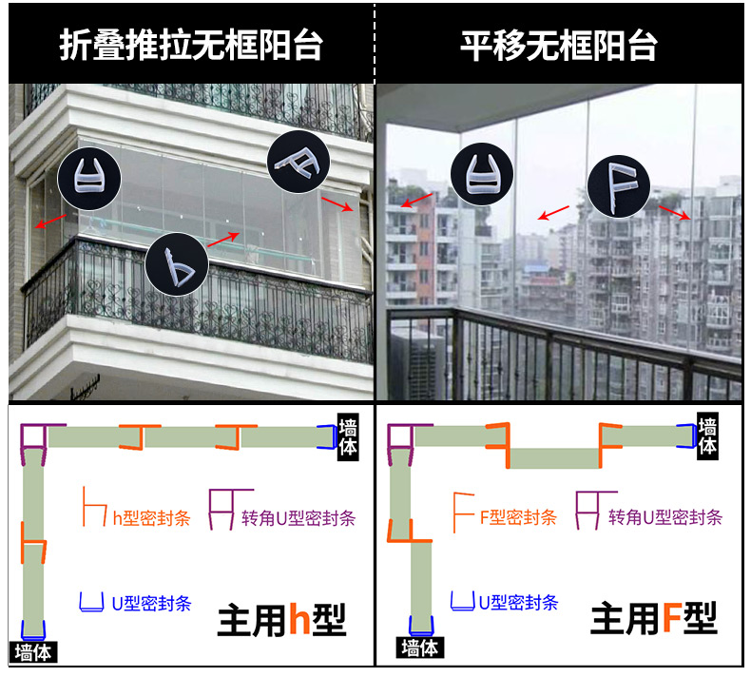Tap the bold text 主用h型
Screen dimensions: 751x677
[x=281, y=620]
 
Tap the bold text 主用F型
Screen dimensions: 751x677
[x=653, y=620]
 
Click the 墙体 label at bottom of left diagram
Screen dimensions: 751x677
[x=33, y=652]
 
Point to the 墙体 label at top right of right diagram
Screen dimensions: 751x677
[x=708, y=436]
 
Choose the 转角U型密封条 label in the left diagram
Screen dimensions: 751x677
[x=298, y=518]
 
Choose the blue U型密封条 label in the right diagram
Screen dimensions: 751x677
[x=518, y=602]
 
